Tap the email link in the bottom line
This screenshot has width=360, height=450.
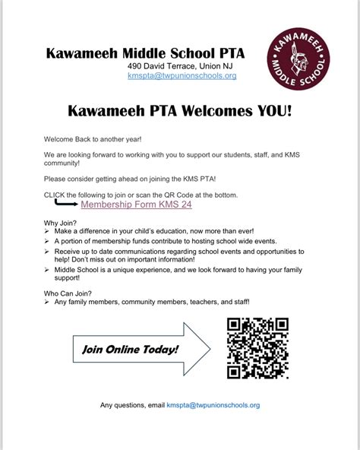pos(213,405)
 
